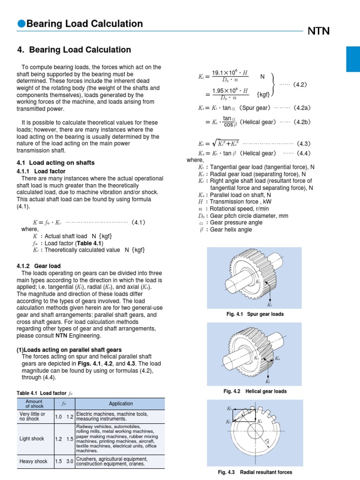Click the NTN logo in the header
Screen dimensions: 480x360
(318, 31)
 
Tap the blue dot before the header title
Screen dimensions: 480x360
(21, 24)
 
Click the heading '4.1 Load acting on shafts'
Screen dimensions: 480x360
(55, 163)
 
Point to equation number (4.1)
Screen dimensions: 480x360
(140, 221)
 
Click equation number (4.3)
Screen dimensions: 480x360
(300, 144)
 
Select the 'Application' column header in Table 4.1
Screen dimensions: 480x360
(120, 403)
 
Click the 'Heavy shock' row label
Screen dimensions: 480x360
(33, 461)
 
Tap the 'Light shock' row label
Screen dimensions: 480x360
(31, 439)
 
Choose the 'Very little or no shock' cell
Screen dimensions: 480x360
(32, 417)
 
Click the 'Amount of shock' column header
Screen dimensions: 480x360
(34, 404)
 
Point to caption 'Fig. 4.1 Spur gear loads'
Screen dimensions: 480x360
(255, 314)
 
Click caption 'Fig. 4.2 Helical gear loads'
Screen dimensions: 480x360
(255, 391)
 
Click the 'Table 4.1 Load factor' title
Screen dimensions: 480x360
(45, 393)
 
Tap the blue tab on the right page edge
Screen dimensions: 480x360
(353, 59)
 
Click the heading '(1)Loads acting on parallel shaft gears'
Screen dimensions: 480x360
(69, 350)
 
